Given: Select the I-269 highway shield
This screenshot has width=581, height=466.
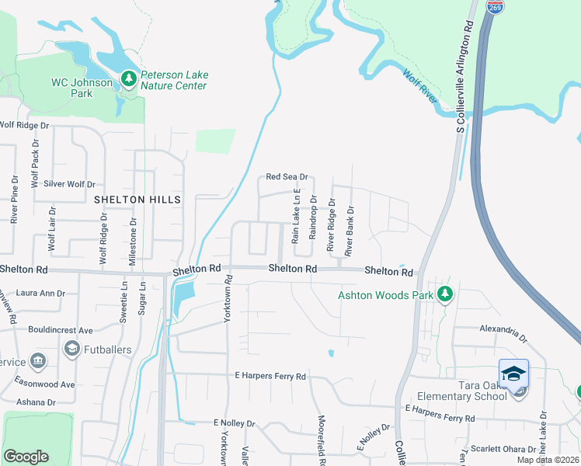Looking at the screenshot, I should pyautogui.click(x=494, y=7).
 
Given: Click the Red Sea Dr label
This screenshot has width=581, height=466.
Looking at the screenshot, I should pyautogui.click(x=287, y=177).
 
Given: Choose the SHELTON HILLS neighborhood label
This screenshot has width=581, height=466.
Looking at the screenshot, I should pyautogui.click(x=137, y=200).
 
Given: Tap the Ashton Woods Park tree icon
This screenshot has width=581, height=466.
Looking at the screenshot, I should pyautogui.click(x=444, y=294).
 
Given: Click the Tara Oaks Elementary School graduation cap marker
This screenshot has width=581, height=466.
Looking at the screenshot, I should pyautogui.click(x=513, y=374).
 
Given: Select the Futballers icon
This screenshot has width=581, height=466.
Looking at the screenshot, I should pyautogui.click(x=72, y=349).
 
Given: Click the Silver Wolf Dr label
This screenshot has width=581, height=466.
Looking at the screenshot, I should pyautogui.click(x=69, y=185).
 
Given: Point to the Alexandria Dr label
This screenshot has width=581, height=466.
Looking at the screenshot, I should pyautogui.click(x=503, y=329).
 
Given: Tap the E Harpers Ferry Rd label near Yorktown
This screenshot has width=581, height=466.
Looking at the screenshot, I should pyautogui.click(x=271, y=377).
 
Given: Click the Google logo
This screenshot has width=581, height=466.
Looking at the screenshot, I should pyautogui.click(x=26, y=456).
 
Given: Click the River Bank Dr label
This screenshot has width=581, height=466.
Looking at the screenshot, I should pyautogui.click(x=350, y=231).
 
